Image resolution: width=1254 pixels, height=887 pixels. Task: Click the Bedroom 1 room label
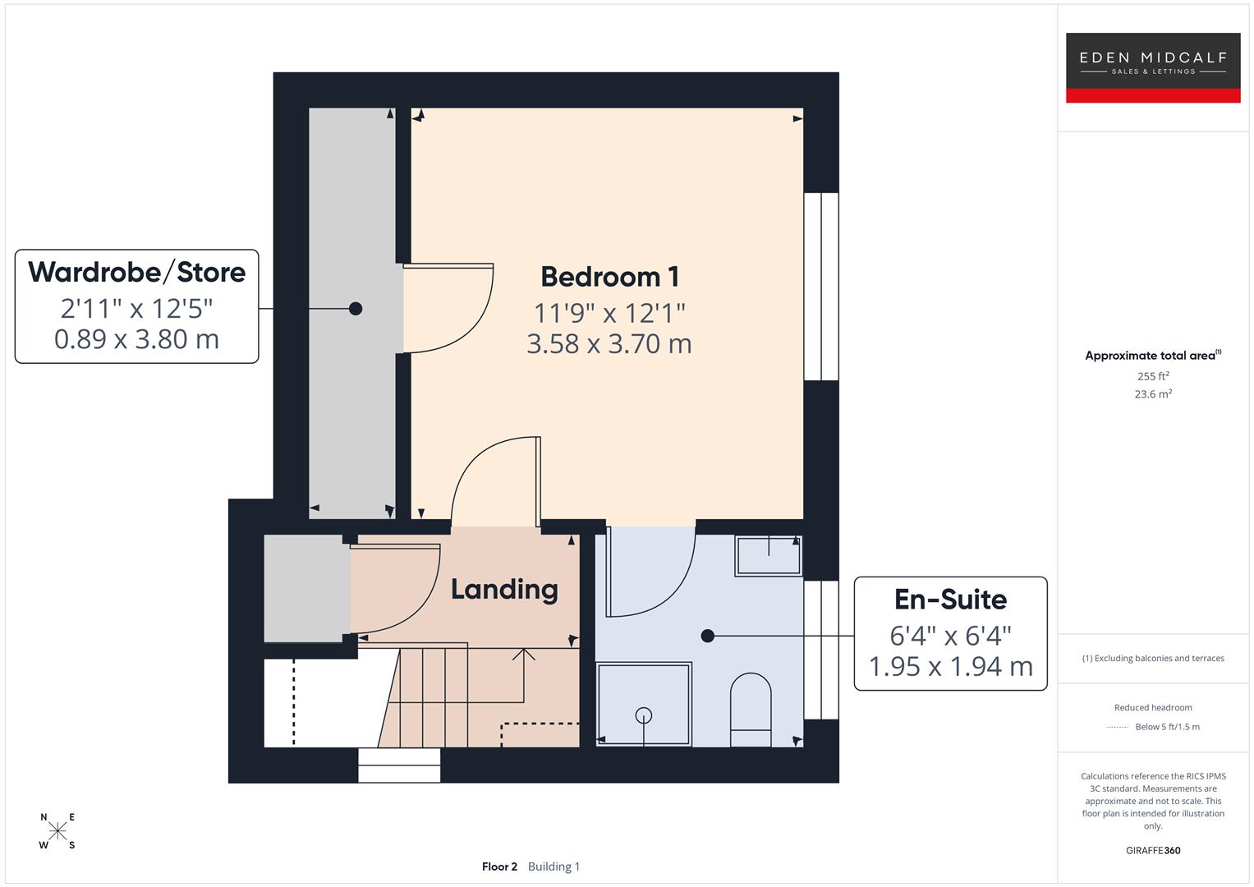609,277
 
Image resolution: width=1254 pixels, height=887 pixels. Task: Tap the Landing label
504,589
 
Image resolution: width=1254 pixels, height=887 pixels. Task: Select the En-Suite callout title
950,600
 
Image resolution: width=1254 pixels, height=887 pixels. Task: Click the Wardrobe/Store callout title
136,272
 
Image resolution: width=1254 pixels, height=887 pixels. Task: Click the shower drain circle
644,715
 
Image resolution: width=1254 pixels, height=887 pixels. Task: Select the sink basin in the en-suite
768,555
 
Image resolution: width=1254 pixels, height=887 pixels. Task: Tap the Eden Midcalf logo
1152,62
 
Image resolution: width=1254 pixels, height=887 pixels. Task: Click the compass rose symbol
57,831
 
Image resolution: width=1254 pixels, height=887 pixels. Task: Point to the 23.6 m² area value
1153,394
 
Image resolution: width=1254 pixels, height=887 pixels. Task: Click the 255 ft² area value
1153,376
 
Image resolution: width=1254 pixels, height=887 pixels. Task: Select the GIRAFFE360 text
1153,851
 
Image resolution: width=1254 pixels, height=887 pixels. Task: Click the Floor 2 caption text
499,866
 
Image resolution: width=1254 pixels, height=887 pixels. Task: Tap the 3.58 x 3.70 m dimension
609,343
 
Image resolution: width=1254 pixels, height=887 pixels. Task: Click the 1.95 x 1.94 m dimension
950,666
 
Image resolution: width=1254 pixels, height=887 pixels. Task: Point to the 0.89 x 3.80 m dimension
136,338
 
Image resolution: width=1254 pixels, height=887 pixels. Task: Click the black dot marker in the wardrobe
356,309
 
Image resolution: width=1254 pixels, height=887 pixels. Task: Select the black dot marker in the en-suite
707,636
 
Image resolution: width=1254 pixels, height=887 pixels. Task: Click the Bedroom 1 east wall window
820,287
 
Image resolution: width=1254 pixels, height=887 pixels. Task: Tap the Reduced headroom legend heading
1153,708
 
